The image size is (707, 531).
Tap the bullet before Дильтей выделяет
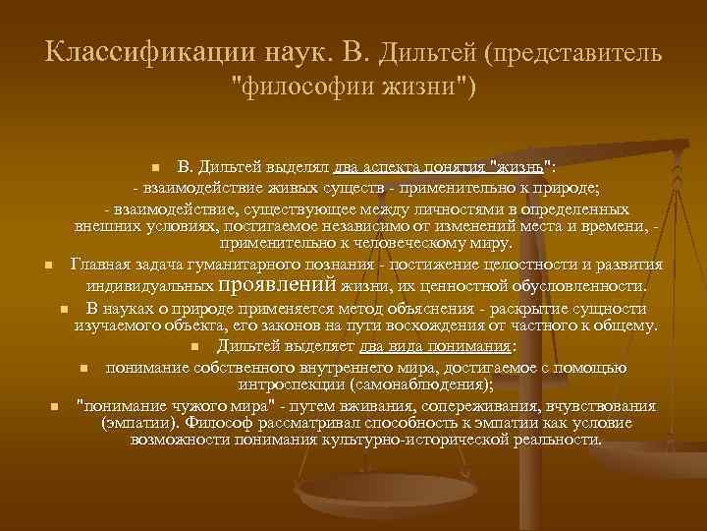pyautogui.click(x=195, y=346)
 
